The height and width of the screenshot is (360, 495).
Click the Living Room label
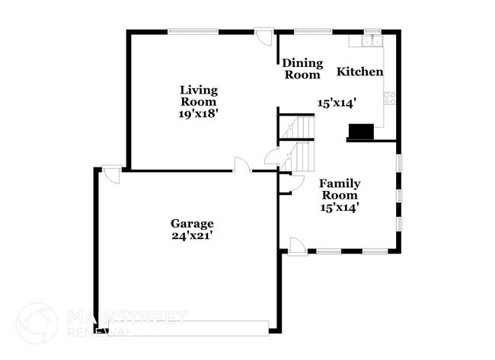point(199,96)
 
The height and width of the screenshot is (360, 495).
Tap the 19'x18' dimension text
point(199,113)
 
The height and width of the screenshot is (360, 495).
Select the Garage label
point(192,224)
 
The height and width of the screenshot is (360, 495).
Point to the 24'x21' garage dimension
point(192,236)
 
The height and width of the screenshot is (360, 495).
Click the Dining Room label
point(302,68)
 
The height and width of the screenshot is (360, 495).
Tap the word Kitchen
point(360,72)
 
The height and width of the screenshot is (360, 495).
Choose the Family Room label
point(340,189)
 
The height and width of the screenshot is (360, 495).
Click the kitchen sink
point(372,41)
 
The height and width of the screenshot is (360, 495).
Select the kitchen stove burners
point(390,98)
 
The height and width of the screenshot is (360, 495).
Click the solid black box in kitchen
point(361,132)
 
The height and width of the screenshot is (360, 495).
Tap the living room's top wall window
point(193,31)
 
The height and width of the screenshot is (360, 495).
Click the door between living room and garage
point(242,164)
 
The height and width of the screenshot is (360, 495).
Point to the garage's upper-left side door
point(111,174)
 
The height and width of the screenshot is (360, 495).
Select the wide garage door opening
point(188,328)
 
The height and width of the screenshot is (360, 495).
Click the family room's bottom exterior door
point(297,247)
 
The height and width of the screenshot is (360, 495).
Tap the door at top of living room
point(264,37)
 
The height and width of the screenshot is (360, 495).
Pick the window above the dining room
point(313,31)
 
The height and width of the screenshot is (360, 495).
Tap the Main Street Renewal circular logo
point(37,323)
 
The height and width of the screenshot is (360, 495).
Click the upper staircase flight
point(299,127)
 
